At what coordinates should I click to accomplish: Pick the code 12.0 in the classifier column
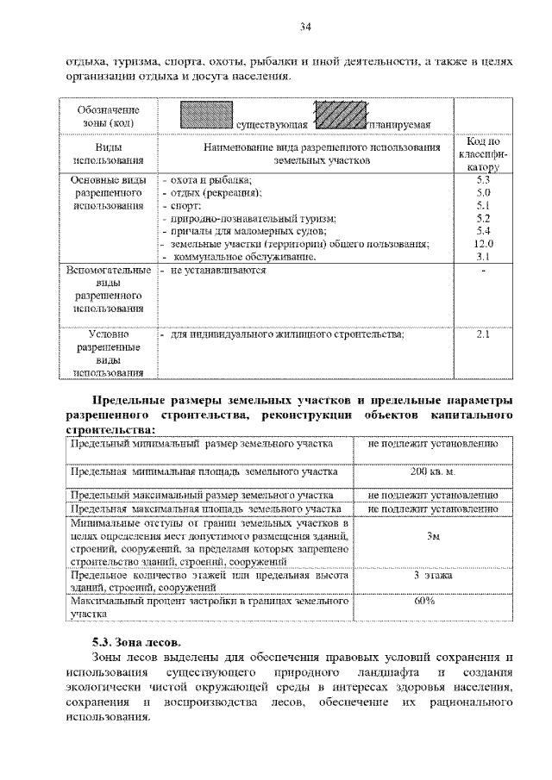483,244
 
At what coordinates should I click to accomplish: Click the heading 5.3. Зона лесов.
137,642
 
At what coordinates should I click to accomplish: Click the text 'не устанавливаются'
218,271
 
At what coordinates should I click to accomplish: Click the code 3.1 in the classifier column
483,257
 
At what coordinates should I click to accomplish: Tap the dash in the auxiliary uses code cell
483,271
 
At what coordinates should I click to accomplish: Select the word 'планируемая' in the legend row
398,126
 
